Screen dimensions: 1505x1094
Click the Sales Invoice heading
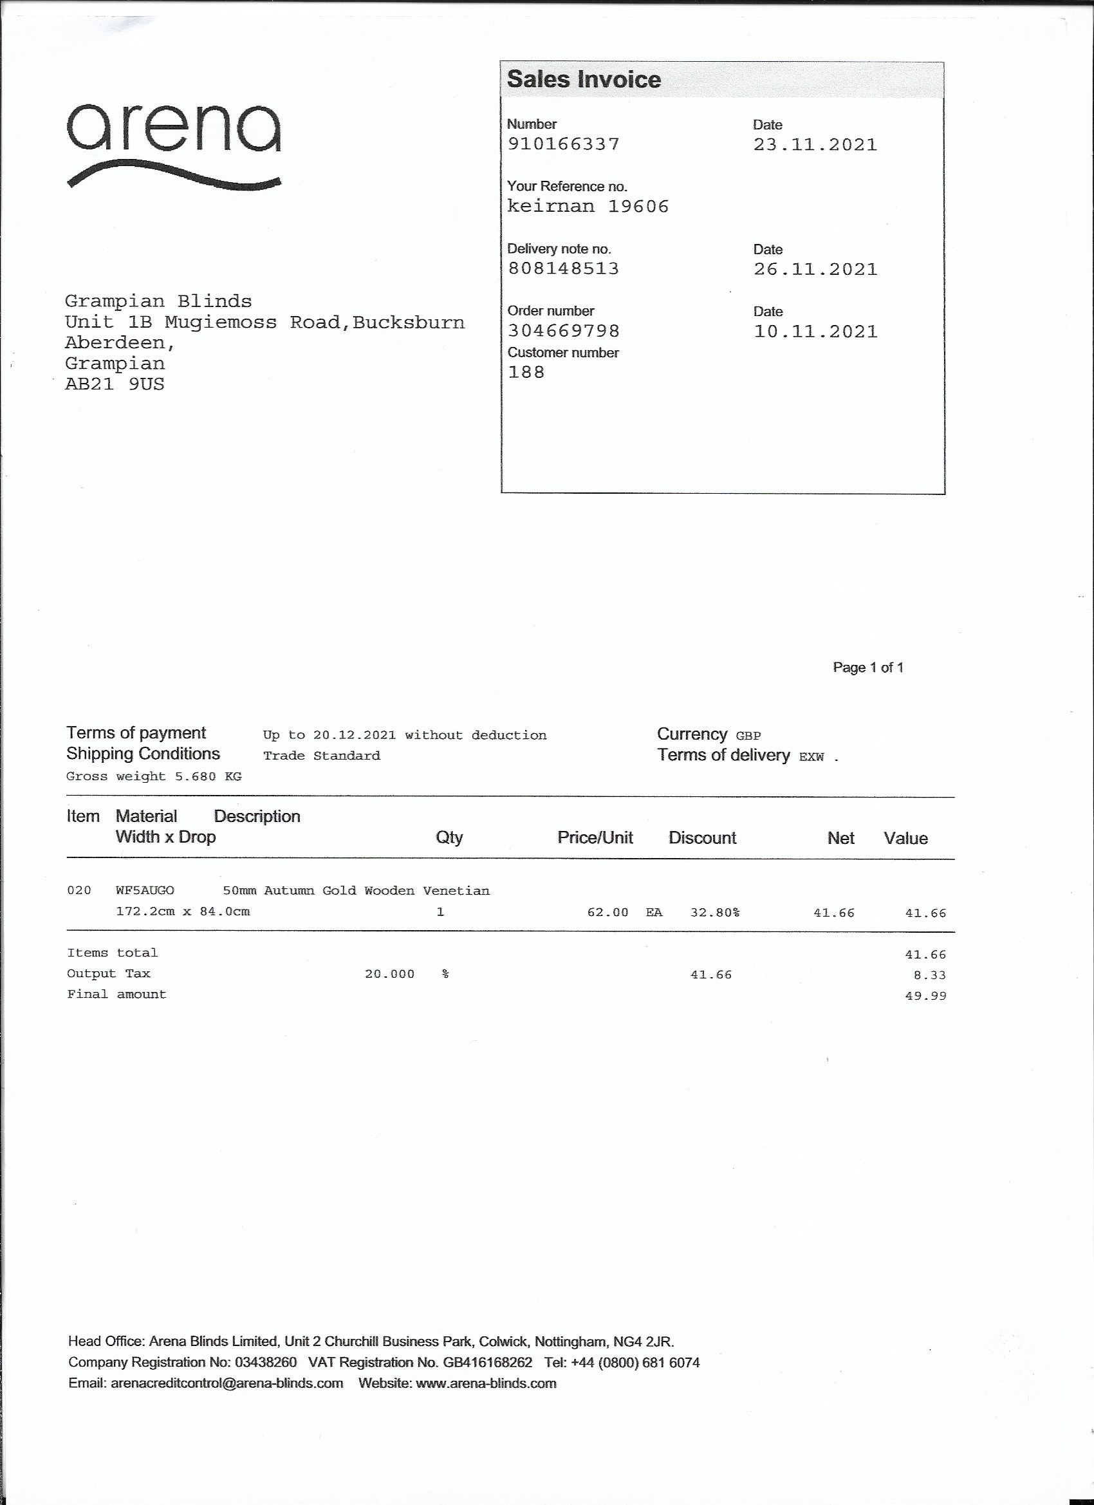point(584,80)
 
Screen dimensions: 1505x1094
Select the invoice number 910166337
point(563,144)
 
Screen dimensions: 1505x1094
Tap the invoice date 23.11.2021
point(815,145)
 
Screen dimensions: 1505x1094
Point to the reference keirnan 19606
point(588,207)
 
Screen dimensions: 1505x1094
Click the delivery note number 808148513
point(563,269)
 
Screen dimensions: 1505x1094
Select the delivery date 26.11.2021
point(815,270)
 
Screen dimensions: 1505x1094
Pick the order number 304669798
point(563,330)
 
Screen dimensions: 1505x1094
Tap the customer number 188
point(526,372)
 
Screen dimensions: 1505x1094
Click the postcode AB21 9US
point(114,384)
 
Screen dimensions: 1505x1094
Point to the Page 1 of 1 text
point(867,668)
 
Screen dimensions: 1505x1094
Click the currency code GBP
point(748,736)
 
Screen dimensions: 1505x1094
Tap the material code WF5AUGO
point(145,890)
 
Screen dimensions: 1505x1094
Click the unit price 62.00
point(607,912)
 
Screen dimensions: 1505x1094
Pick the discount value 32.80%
point(714,912)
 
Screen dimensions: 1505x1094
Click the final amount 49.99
point(925,996)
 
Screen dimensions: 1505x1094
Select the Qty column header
point(449,837)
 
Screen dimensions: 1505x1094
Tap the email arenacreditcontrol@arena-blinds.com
point(227,1383)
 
